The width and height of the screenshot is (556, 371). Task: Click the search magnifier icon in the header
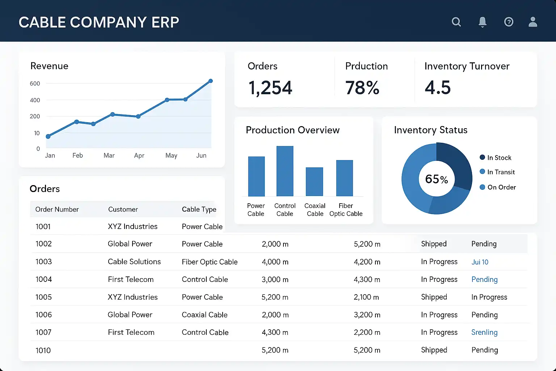tap(456, 22)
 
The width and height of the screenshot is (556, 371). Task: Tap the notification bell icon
tap(483, 22)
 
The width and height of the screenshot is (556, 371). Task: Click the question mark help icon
tap(509, 22)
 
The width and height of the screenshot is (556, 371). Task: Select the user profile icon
tap(533, 22)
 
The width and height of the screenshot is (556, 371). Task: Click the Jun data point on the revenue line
tap(211, 81)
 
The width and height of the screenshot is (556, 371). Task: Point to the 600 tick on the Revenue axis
tap(35, 84)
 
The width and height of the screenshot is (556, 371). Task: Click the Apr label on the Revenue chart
tap(139, 155)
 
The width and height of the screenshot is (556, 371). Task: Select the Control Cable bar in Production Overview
tap(285, 171)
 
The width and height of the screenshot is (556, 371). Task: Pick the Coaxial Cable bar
tap(314, 182)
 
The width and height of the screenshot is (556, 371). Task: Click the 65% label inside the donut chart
tap(437, 179)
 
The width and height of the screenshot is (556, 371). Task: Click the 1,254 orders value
tap(270, 88)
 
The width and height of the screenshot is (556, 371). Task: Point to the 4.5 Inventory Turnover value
tap(438, 88)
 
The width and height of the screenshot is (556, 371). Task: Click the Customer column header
tap(123, 209)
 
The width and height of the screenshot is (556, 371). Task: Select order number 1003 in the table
tap(44, 262)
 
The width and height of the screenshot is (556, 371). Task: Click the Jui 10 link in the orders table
tap(480, 262)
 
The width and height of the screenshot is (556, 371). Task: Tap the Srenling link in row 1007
tap(484, 332)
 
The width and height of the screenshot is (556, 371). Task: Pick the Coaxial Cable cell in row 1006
tap(205, 315)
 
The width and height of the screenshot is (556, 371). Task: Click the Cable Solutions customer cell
tap(134, 262)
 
